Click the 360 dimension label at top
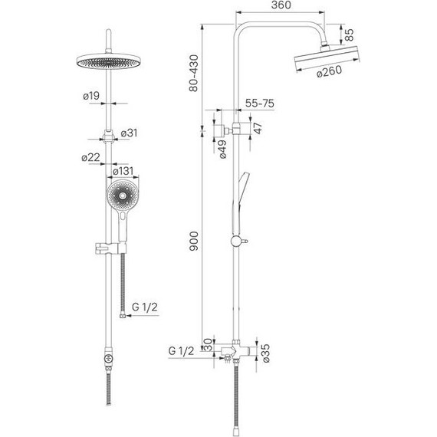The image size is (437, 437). point(281,5)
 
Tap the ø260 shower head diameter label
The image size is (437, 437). point(330,71)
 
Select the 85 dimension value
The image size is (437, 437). point(349,34)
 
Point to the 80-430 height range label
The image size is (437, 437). point(193,73)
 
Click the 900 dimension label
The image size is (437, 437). point(194,241)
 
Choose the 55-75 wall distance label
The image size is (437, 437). point(259,103)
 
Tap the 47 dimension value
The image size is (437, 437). point(258,128)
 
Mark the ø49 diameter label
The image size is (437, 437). point(222,149)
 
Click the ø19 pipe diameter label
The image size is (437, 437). point(91,96)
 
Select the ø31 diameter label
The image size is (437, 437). point(129,133)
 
